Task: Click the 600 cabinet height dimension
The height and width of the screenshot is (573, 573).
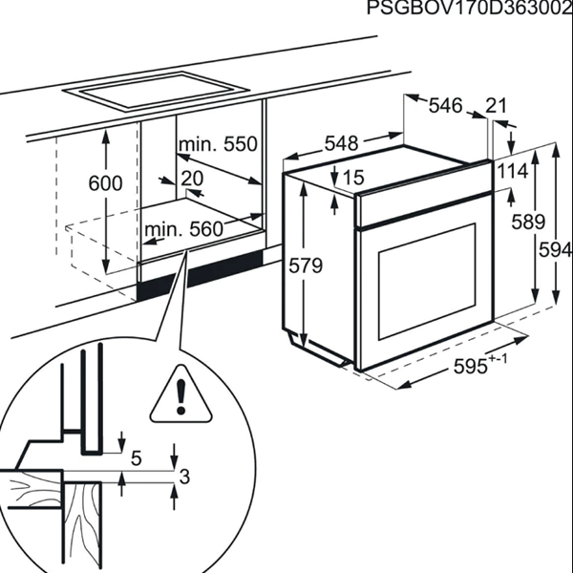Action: point(104,183)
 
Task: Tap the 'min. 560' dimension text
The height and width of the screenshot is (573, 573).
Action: point(183,229)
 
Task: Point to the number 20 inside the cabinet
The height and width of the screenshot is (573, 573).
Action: point(192,179)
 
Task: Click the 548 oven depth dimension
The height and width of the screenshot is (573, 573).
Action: point(341,144)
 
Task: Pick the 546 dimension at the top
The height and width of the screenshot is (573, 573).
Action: point(444,105)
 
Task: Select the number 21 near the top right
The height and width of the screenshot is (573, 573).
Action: point(497,106)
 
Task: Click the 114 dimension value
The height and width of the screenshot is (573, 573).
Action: point(513,171)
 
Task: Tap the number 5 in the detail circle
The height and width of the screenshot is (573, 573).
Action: point(136,459)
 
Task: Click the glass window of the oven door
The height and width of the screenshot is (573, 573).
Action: point(428,282)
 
